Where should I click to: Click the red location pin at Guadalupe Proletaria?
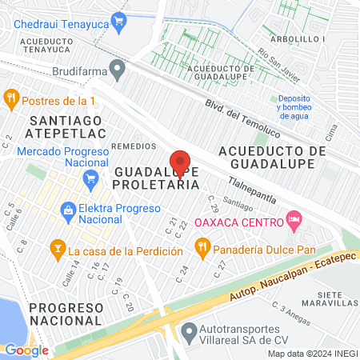[x=180, y=162]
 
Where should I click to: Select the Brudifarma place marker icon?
[x=118, y=70]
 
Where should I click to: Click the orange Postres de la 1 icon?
[x=10, y=100]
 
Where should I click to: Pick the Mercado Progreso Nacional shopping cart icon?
[x=92, y=178]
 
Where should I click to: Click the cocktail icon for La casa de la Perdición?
[x=57, y=250]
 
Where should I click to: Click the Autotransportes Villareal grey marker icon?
[x=189, y=330]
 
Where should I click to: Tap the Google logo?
[x=26, y=350]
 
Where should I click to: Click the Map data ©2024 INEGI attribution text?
[x=312, y=354]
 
